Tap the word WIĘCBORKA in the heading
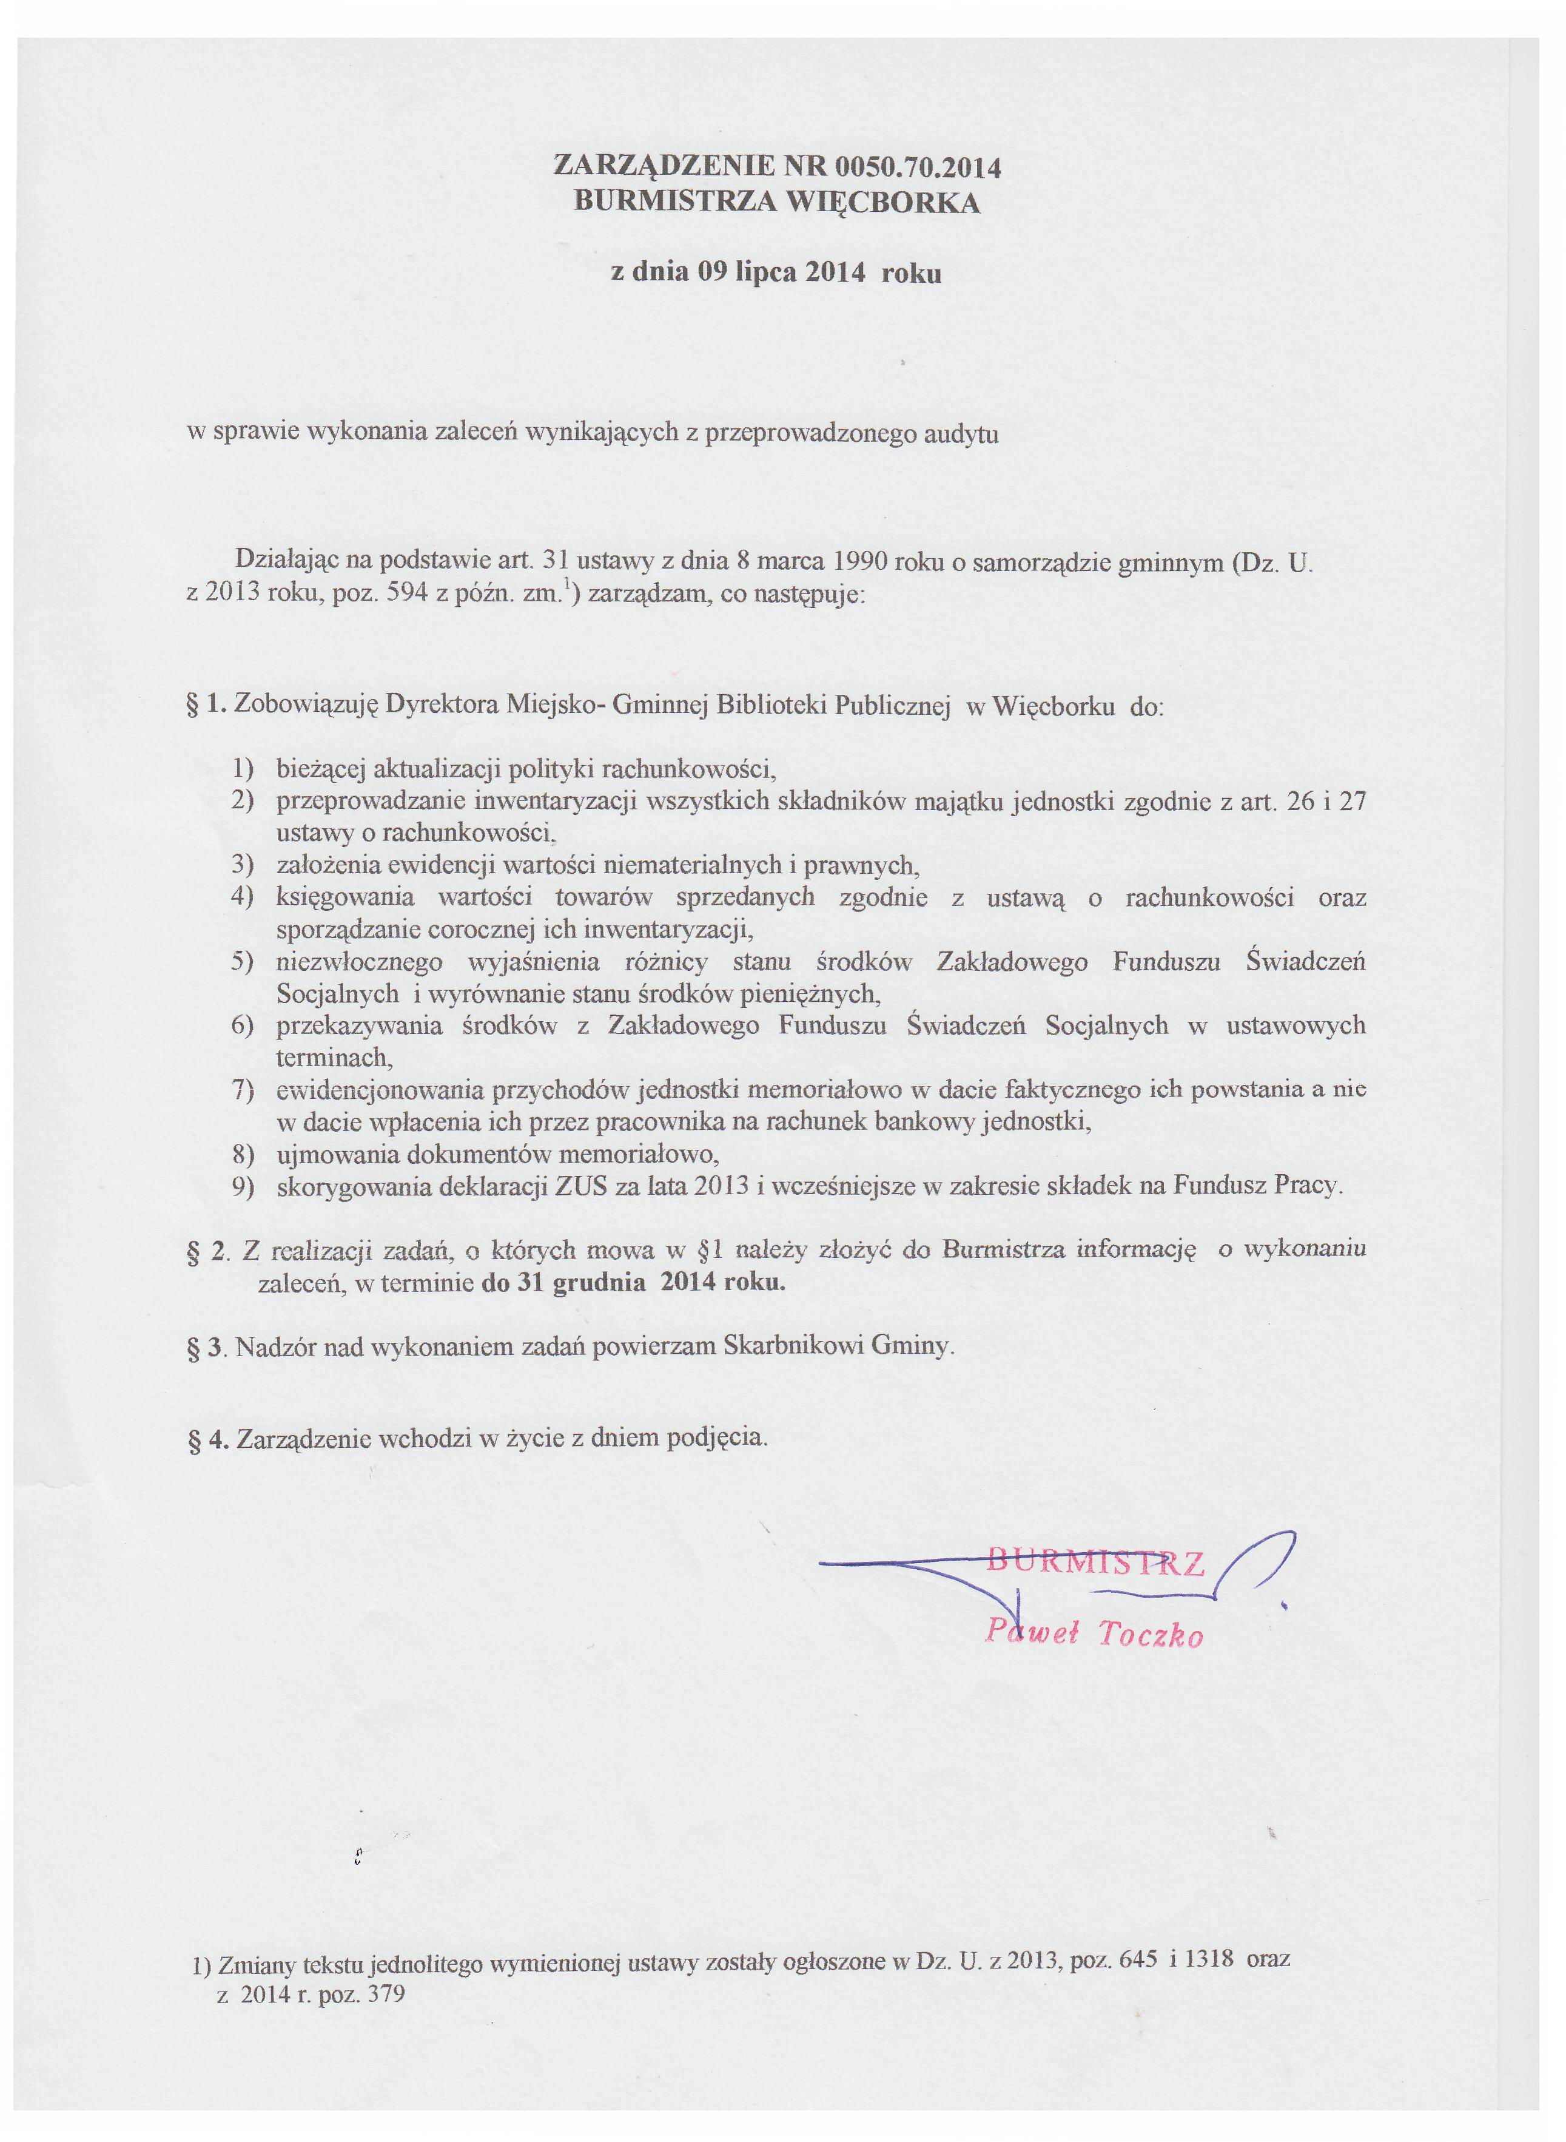pyautogui.click(x=886, y=203)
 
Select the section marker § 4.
pyautogui.click(x=209, y=1439)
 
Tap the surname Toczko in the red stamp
pyautogui.click(x=1151, y=1634)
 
